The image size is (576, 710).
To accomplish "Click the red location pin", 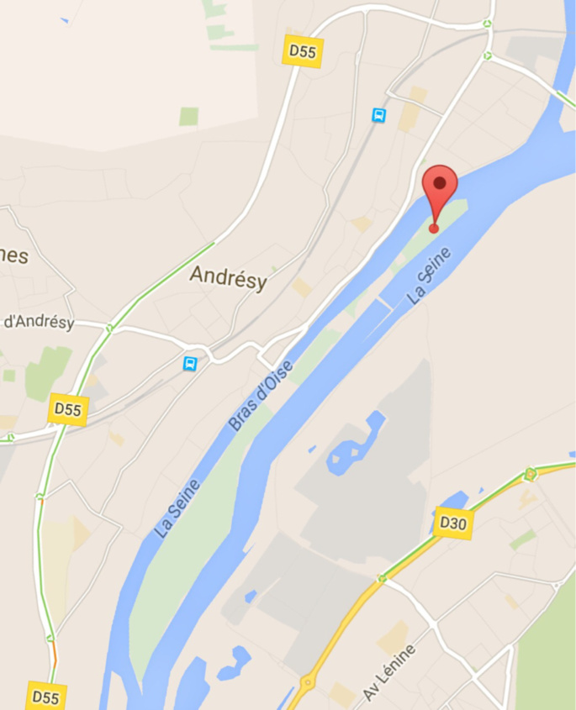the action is (439, 189).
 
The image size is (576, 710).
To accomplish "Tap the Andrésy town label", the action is (228, 276).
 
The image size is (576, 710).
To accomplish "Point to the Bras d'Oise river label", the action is (262, 396).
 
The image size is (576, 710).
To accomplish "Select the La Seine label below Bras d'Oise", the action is (177, 508).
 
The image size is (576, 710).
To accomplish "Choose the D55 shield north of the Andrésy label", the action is (303, 51).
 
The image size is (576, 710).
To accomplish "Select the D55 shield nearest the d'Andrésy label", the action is (68, 409).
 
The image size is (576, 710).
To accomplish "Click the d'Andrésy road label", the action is (39, 322).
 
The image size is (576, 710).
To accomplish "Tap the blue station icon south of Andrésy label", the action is (191, 363).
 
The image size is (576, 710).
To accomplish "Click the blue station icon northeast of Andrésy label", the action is (379, 115).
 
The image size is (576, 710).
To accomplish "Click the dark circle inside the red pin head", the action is (439, 181).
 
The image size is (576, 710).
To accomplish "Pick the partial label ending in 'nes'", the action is (14, 256).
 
